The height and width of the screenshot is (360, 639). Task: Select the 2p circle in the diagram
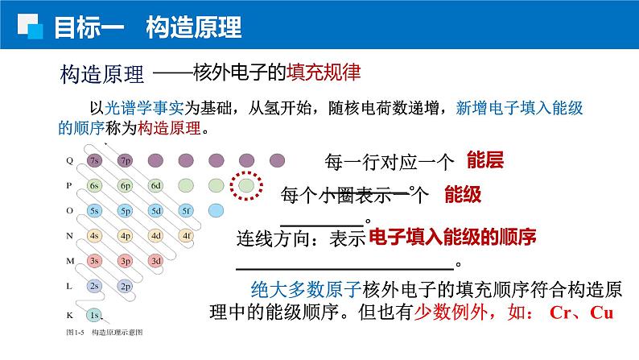pos(126,286)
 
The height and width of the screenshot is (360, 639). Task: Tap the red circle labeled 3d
pos(156,261)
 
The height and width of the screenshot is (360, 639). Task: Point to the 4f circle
pos(186,236)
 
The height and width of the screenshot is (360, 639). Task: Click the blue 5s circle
pos(95,211)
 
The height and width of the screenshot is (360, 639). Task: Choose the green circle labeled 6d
pos(156,185)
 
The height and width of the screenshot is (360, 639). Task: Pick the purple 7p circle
pos(126,159)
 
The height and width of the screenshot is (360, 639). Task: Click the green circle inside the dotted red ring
pos(246,186)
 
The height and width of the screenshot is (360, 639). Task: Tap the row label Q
pos(69,159)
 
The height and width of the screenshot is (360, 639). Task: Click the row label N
pos(69,236)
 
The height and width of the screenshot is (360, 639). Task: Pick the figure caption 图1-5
pos(76,332)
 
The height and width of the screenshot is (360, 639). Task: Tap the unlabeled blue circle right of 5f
pos(216,211)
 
